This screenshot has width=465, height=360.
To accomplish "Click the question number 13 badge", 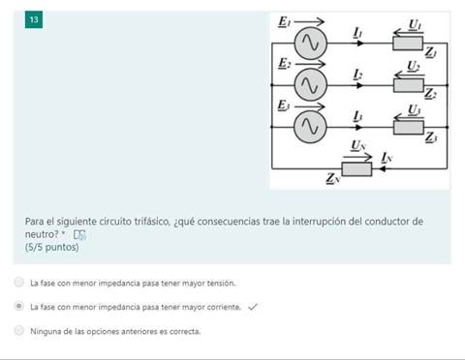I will click(34, 20).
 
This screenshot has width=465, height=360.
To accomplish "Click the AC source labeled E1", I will click(309, 43).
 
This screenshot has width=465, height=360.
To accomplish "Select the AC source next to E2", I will click(309, 85).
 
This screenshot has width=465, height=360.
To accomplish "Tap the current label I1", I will click(358, 32).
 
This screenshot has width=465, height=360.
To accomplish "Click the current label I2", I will click(358, 75).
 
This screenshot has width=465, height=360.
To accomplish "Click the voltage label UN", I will click(358, 145).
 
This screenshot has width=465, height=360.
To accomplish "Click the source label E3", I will click(283, 105).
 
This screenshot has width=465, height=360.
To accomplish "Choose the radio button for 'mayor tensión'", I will click(19, 283).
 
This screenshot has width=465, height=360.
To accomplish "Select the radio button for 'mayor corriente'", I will click(19, 307).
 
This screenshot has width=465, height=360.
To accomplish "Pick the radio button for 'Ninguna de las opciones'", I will click(19, 331).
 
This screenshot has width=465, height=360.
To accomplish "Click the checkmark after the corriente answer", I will click(252, 307).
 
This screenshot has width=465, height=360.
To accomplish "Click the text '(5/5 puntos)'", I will click(51, 248).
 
